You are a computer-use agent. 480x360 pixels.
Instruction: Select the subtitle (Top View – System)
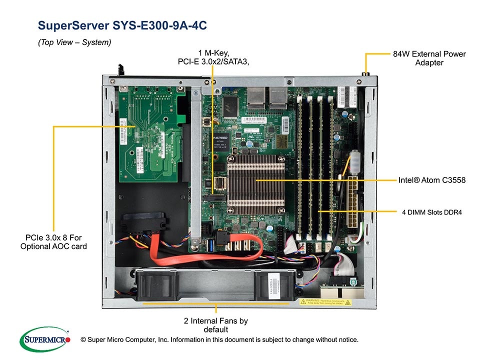click(74, 43)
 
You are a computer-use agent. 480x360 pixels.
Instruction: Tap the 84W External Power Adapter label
click(429, 58)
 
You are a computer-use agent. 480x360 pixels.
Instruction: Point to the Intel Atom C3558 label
click(432, 180)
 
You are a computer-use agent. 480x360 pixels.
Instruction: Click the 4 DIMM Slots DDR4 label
click(431, 212)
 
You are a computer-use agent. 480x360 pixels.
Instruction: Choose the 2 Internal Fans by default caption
click(215, 325)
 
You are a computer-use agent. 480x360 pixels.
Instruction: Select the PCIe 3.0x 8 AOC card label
click(53, 241)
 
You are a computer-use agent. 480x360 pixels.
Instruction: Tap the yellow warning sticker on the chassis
click(325, 302)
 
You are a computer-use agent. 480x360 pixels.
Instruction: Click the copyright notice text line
click(219, 340)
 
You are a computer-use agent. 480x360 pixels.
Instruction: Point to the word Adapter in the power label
click(429, 63)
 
